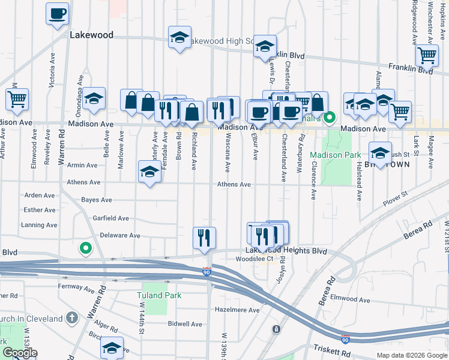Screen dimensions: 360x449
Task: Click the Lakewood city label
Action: (91, 35)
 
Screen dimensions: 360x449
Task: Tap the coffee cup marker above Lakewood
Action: (58, 13)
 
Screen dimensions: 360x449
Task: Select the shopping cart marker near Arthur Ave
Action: (17, 99)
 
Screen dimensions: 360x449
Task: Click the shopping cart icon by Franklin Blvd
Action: (427, 55)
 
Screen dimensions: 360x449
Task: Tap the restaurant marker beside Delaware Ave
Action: (205, 237)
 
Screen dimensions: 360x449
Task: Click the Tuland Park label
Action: (158, 295)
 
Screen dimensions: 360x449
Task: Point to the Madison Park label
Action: (336, 155)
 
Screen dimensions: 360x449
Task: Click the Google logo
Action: (19, 353)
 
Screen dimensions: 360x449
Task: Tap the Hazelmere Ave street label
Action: (238, 310)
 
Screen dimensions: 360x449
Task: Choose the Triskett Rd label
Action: (331, 349)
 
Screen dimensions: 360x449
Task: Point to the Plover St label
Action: (396, 194)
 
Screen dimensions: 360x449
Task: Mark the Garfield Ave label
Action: (110, 218)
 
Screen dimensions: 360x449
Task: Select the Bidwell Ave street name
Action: (185, 324)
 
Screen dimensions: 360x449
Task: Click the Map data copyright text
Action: (411, 355)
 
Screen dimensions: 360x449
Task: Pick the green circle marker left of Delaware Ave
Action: (85, 247)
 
